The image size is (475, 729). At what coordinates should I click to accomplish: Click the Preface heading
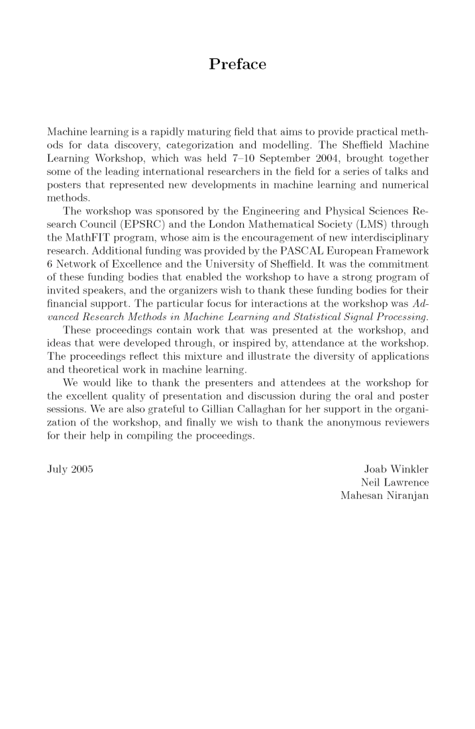[x=237, y=64]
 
